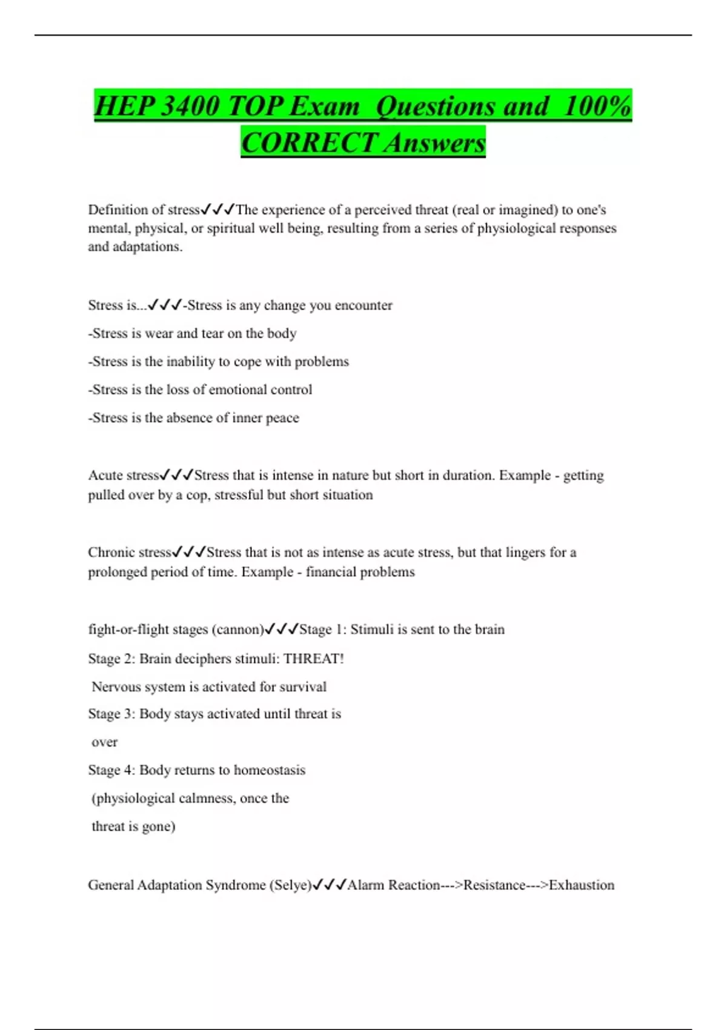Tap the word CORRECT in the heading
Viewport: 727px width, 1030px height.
(x=309, y=144)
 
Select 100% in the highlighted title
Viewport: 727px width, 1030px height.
(x=597, y=107)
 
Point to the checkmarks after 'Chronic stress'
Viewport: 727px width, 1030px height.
(x=189, y=553)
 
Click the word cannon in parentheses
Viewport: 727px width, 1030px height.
(x=237, y=630)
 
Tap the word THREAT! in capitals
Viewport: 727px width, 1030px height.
(x=313, y=659)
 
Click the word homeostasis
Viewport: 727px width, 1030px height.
(x=270, y=770)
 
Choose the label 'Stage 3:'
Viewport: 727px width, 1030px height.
(x=111, y=714)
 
